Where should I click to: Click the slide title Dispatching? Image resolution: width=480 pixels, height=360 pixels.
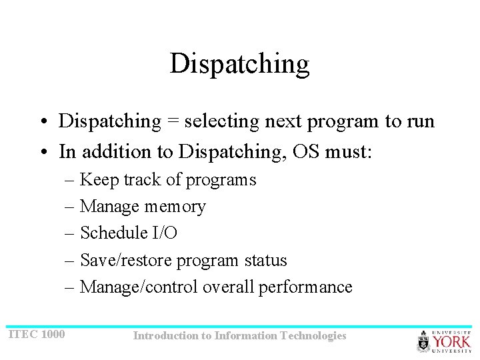tap(239, 64)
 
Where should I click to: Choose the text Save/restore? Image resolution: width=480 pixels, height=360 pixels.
tap(126, 261)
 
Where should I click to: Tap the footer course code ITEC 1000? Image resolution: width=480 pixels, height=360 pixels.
tap(37, 334)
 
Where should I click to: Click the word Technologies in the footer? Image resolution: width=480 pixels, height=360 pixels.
tap(313, 336)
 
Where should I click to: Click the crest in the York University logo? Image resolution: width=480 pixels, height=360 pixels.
tap(424, 341)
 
